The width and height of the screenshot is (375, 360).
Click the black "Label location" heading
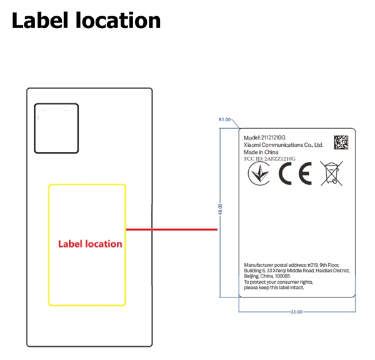(x=86, y=21)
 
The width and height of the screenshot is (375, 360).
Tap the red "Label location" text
(x=90, y=244)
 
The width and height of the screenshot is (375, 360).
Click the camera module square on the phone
(x=56, y=128)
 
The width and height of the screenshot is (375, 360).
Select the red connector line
(x=172, y=229)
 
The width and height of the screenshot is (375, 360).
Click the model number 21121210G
(x=273, y=137)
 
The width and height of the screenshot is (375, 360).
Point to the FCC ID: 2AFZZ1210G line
(x=270, y=159)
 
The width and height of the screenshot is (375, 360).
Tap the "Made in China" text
(x=261, y=152)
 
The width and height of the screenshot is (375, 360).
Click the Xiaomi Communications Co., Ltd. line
(x=283, y=145)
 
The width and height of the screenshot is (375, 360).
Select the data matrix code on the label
(x=341, y=142)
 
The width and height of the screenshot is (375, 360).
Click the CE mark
(x=295, y=173)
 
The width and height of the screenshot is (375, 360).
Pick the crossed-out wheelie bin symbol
(x=331, y=173)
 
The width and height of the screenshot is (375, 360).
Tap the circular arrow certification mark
(x=259, y=173)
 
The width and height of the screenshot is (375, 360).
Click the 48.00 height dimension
(x=220, y=209)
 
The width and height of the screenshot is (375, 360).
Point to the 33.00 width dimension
(x=296, y=312)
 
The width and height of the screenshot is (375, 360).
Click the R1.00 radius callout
(x=224, y=119)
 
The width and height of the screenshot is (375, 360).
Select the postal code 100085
(x=282, y=276)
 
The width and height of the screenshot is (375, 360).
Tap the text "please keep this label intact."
(x=274, y=287)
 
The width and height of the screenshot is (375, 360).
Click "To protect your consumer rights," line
(x=278, y=282)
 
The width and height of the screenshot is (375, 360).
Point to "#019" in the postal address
(x=312, y=265)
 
